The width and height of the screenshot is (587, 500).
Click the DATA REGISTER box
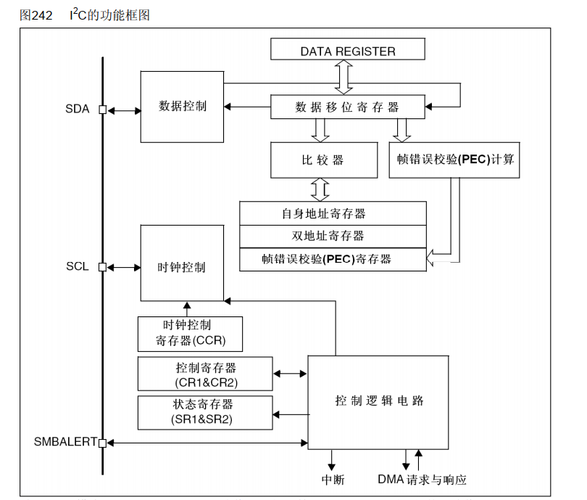point(348,51)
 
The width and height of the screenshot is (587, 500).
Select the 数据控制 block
point(183,106)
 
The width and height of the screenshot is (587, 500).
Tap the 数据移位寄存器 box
point(348,107)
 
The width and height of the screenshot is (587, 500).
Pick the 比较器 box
point(323,160)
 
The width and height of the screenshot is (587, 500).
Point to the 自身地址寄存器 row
point(333,214)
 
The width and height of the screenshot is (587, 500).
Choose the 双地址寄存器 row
point(333,236)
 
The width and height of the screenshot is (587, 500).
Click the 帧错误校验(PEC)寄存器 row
point(333,258)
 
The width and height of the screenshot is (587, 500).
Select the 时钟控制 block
point(182,267)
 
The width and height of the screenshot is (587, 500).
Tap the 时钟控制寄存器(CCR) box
point(190,334)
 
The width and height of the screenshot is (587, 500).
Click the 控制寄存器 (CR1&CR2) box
point(206,374)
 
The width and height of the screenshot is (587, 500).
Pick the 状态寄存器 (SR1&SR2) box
point(206,412)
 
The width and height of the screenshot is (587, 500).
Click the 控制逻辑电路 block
point(379,401)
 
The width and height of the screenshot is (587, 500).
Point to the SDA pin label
point(78,110)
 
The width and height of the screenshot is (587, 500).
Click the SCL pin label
point(78,266)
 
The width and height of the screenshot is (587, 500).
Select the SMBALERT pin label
point(65,441)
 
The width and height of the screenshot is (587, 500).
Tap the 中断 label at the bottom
point(333,480)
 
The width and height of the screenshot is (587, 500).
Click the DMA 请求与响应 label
point(422,480)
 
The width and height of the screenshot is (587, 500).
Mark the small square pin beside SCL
point(103,267)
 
